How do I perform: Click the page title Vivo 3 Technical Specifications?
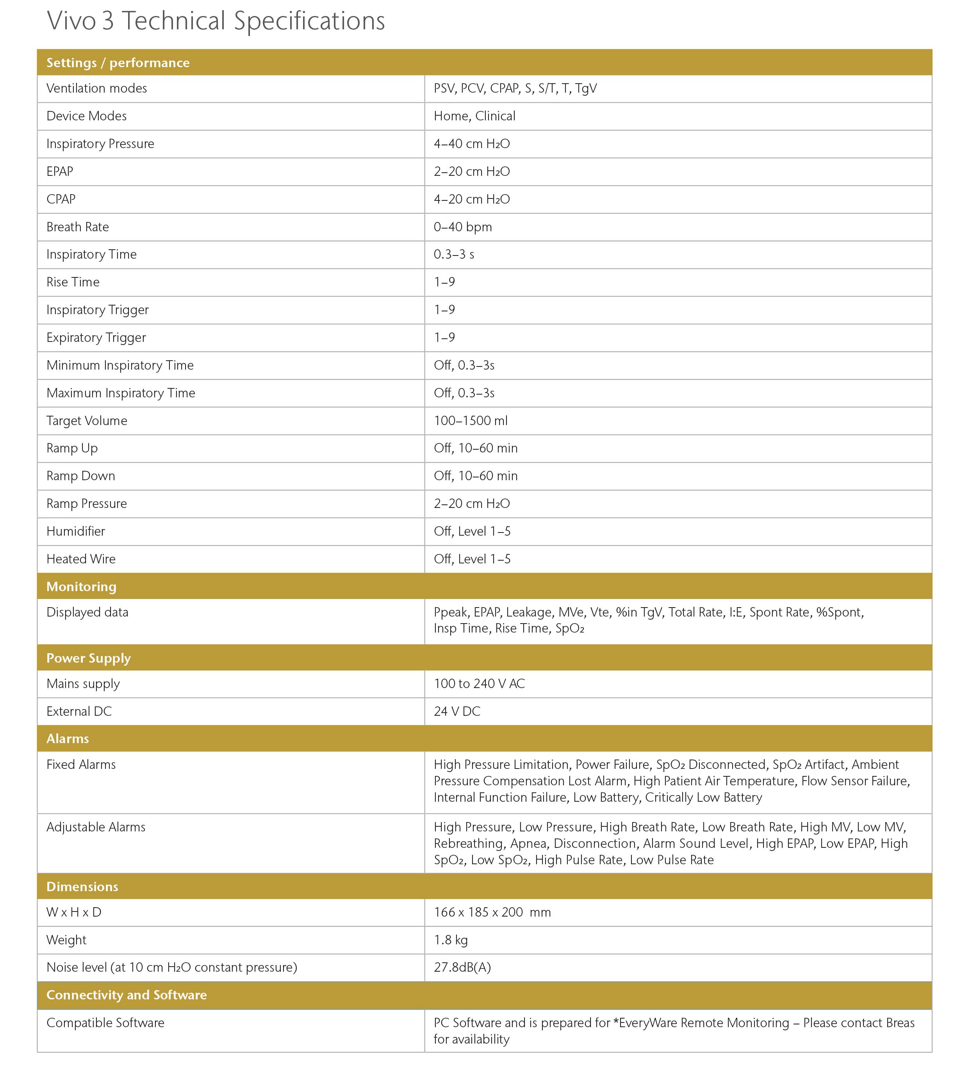point(216,21)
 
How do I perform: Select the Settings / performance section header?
point(118,63)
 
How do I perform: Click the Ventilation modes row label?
point(97,88)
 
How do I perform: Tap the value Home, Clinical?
point(474,116)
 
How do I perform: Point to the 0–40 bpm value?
point(462,227)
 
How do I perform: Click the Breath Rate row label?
point(78,227)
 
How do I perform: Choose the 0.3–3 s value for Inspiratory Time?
point(453,255)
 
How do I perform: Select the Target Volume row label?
point(87,421)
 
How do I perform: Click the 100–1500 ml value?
point(470,421)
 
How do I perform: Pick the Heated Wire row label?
point(81,559)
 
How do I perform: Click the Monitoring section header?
point(82,586)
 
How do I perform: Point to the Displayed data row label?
point(87,612)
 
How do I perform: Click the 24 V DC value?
point(457,712)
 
